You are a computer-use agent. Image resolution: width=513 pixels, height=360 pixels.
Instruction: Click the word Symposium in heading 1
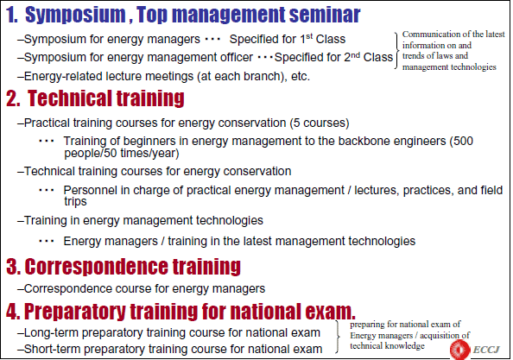(75, 15)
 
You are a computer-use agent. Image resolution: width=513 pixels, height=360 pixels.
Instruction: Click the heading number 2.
(13, 98)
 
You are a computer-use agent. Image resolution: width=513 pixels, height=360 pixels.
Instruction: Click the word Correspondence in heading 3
(96, 267)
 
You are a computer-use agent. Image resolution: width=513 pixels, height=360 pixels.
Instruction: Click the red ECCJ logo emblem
(459, 350)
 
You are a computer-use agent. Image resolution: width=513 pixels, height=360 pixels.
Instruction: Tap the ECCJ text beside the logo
(486, 350)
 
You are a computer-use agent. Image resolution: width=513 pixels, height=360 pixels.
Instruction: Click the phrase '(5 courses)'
(320, 123)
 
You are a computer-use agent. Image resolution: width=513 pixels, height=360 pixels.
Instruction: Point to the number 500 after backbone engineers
(465, 141)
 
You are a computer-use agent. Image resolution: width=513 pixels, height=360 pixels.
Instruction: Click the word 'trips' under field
(75, 202)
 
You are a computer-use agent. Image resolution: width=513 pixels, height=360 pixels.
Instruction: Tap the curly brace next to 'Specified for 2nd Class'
(397, 51)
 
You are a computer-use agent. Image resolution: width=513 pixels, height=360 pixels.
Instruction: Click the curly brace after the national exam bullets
(338, 337)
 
